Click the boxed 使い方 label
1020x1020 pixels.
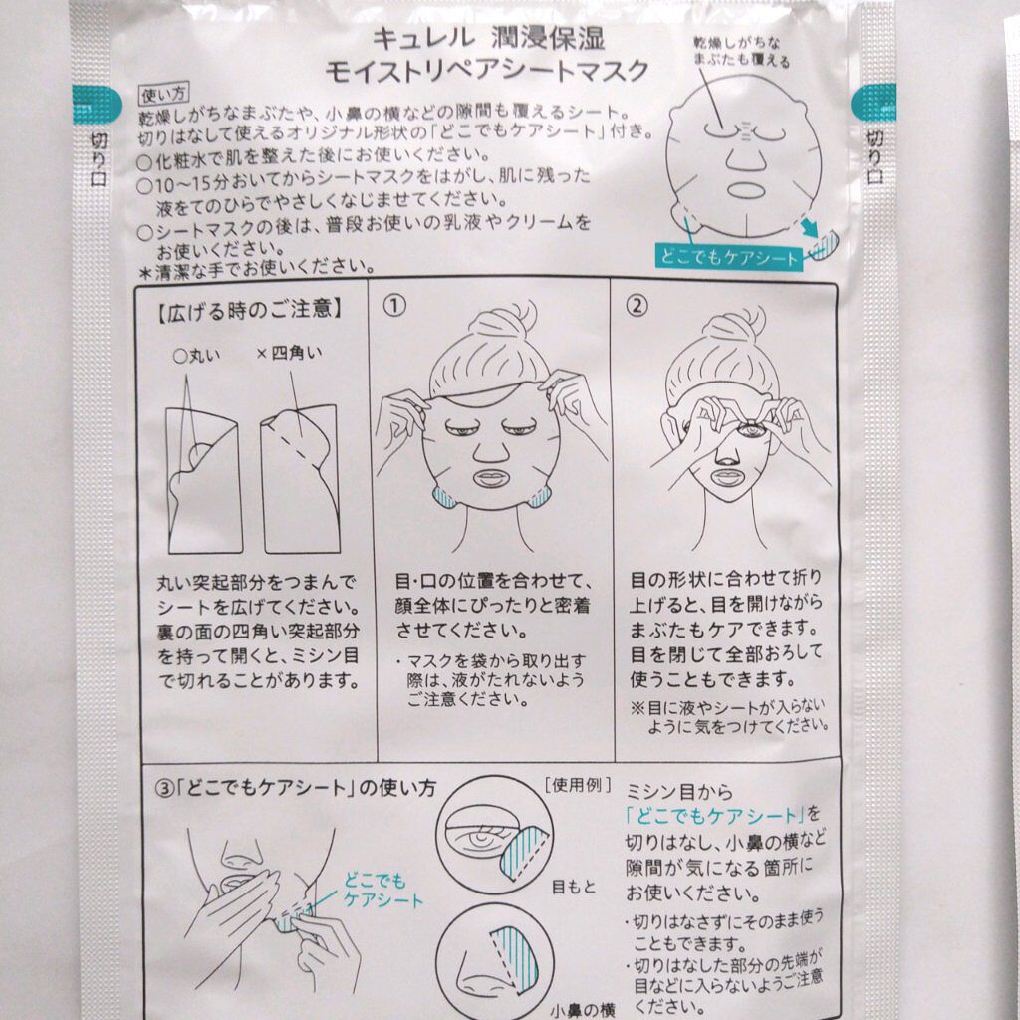coord(164,95)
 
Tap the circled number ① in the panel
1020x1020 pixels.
coord(394,305)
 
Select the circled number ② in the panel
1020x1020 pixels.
coord(637,305)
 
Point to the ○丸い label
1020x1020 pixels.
coord(197,356)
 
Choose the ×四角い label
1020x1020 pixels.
coord(289,353)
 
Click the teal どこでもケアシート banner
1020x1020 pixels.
coord(729,258)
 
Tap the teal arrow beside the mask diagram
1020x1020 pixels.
coord(809,227)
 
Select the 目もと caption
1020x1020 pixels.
coord(573,886)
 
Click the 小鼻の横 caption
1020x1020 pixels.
coord(582,1010)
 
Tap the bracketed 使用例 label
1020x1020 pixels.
coord(579,785)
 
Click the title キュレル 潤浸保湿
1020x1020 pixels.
coord(488,38)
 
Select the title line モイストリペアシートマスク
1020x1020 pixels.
coord(486,70)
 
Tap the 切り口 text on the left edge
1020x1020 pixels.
coord(99,159)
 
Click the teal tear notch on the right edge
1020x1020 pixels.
coord(874,103)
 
